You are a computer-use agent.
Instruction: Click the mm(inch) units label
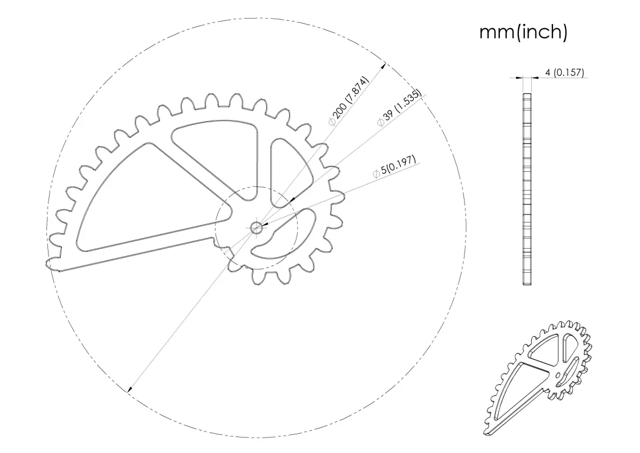pyautogui.click(x=523, y=33)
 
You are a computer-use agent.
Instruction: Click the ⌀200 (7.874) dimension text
pyautogui.click(x=349, y=101)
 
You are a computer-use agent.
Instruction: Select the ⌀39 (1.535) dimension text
pyautogui.click(x=399, y=107)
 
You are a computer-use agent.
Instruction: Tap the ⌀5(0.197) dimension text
pyautogui.click(x=394, y=166)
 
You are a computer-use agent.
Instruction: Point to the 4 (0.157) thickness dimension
pyautogui.click(x=565, y=73)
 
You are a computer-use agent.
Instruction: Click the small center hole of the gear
pyautogui.click(x=257, y=228)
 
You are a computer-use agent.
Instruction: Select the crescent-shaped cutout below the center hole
pyautogui.click(x=283, y=234)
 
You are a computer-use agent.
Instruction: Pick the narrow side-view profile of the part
pyautogui.click(x=527, y=189)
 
